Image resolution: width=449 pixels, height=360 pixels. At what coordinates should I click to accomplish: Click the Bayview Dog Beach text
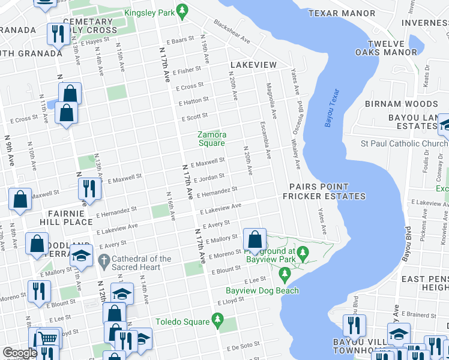click(262, 291)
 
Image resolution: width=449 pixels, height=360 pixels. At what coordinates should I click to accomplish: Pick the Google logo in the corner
click(20, 353)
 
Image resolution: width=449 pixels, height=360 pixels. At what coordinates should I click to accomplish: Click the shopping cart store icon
click(47, 339)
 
